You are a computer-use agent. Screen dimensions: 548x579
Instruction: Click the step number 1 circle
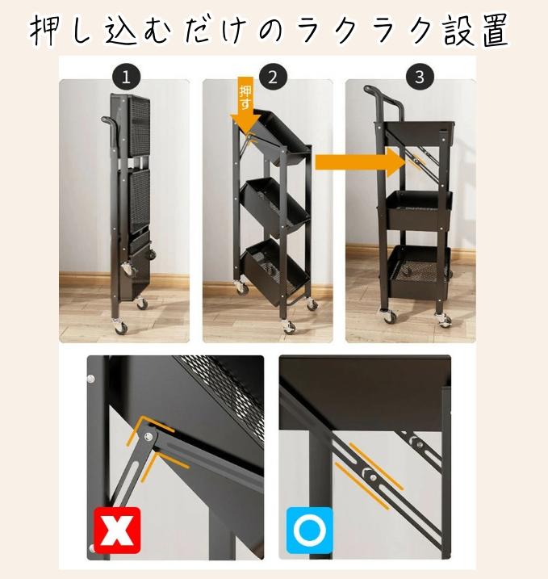coord(126,77)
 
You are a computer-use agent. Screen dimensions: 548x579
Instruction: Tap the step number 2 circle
coord(273,77)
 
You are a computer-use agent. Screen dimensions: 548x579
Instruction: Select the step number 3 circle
coord(420,77)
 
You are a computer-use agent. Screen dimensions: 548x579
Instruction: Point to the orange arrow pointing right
coord(361,163)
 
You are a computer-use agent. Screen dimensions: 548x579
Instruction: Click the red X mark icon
coord(117,531)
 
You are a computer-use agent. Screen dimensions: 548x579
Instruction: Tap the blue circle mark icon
coord(310,531)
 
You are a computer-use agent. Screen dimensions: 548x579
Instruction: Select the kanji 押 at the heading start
coord(45,31)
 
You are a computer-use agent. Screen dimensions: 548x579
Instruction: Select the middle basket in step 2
coord(275,206)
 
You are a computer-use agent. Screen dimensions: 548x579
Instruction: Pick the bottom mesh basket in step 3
coord(419,271)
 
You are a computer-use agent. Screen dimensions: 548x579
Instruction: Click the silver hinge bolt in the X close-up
coord(149,436)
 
